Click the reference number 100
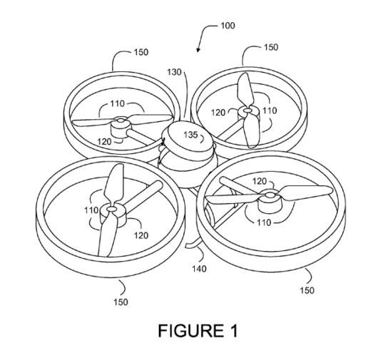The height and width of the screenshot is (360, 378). coord(228,25)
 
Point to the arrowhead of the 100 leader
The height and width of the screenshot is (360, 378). coord(198,50)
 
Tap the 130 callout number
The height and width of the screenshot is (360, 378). coord(174,72)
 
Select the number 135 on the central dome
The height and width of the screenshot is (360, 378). coord(190,135)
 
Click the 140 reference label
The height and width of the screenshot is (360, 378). coord(199,269)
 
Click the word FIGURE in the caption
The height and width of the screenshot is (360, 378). coord(191,331)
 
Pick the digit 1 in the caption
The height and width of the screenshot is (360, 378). coord(234,331)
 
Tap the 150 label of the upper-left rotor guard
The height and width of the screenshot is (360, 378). coord(141,52)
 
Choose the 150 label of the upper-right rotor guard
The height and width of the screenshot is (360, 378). coord(271,47)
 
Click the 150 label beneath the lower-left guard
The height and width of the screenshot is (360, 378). coord(121,302)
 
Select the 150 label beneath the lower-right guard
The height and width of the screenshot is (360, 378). coord(307,290)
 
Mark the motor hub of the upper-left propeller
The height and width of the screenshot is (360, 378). coord(121,127)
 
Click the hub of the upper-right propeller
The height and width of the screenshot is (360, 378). coord(248,114)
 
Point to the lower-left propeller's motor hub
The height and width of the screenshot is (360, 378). coord(113,215)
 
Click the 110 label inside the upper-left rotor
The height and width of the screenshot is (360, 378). coord(118,103)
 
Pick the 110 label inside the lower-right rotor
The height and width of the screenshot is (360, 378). coord(264,222)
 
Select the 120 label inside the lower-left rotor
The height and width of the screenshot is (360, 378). coord(141,235)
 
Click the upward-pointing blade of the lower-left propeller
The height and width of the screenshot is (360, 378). coord(114,184)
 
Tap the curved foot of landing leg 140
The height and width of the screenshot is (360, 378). coord(193,244)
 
